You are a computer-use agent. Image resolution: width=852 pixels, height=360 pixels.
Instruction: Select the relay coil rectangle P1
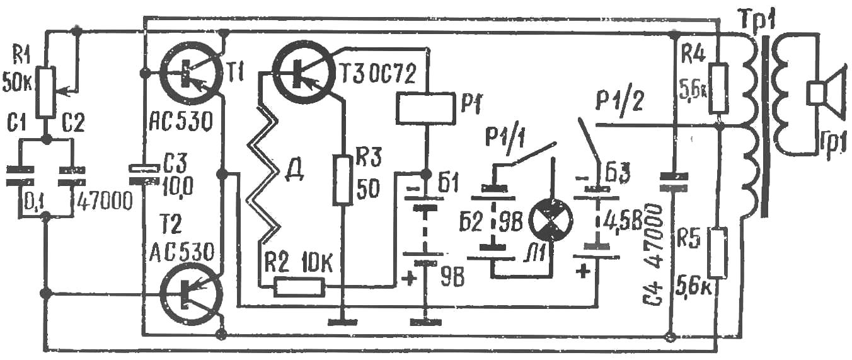pos(425,108)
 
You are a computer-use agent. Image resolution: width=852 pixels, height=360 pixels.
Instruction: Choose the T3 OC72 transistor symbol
pos(302,73)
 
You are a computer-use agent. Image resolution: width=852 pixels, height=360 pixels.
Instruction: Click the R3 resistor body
pos(342,180)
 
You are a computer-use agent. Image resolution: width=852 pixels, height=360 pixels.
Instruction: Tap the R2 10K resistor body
pos(300,287)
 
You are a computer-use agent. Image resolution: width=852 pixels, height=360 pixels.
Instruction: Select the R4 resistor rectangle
pos(718,89)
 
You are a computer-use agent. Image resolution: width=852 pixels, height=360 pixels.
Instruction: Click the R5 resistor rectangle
pos(718,252)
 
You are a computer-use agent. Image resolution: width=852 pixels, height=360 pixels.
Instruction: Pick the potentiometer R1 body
pos(45,91)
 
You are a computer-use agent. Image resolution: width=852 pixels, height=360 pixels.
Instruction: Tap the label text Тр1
pos(757,21)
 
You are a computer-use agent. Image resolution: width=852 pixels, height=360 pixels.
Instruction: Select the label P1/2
pos(619,99)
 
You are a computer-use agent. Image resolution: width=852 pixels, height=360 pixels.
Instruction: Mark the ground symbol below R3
pos(342,322)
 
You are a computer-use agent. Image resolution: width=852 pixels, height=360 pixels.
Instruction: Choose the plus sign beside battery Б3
pos(582,272)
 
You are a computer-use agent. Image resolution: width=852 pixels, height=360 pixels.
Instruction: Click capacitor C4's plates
pos(673,182)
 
